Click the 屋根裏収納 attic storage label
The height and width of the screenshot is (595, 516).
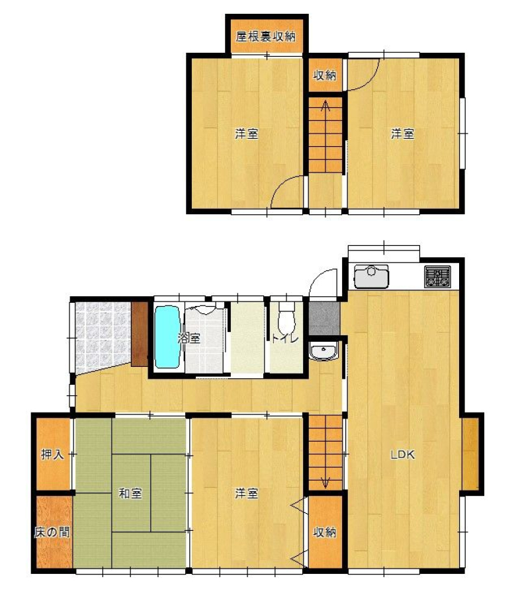[265, 37]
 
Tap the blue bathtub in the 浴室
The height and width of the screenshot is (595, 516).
[167, 337]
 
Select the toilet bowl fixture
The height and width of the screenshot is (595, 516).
[286, 317]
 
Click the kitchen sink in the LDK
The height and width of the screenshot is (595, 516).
[371, 276]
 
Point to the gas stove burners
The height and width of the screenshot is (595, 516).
[437, 276]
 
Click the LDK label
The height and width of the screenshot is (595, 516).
[403, 454]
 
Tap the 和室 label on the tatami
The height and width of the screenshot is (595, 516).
[130, 493]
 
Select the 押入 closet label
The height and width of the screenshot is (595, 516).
[52, 454]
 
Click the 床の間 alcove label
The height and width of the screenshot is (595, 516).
[52, 532]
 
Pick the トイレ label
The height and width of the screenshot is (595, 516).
[284, 338]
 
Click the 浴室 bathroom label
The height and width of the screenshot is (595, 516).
[189, 338]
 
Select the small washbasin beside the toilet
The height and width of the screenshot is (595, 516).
[323, 350]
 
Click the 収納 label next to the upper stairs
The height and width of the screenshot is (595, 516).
[325, 75]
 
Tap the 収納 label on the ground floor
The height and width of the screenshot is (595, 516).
[325, 532]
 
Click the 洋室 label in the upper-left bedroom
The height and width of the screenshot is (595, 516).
[246, 134]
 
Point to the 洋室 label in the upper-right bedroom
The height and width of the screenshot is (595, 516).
[402, 134]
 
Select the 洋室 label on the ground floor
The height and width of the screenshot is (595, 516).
[246, 493]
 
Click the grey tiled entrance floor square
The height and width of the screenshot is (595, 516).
[324, 319]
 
